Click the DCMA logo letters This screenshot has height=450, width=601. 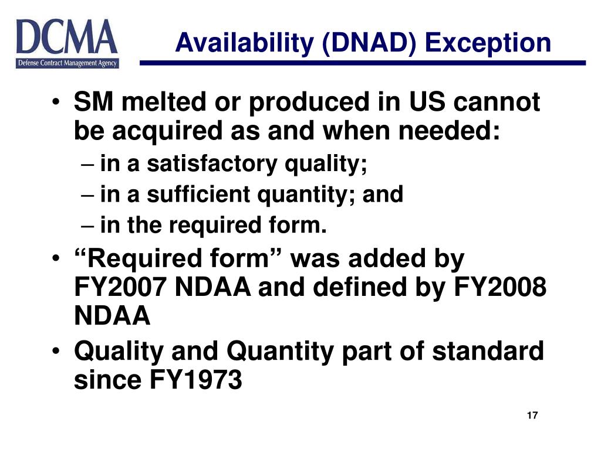[67, 37]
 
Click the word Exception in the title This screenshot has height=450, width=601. [488, 43]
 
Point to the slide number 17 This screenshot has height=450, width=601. [532, 416]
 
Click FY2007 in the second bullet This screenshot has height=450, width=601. [121, 288]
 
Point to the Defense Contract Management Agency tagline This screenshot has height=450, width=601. [67, 63]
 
